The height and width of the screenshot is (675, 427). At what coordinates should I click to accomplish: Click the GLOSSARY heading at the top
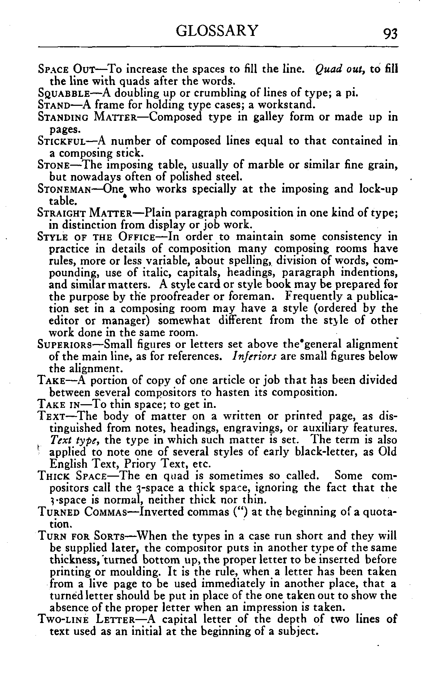[x=217, y=31]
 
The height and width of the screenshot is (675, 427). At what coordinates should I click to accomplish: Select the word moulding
[x=120, y=572]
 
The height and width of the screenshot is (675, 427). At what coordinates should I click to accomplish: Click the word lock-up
[x=378, y=189]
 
